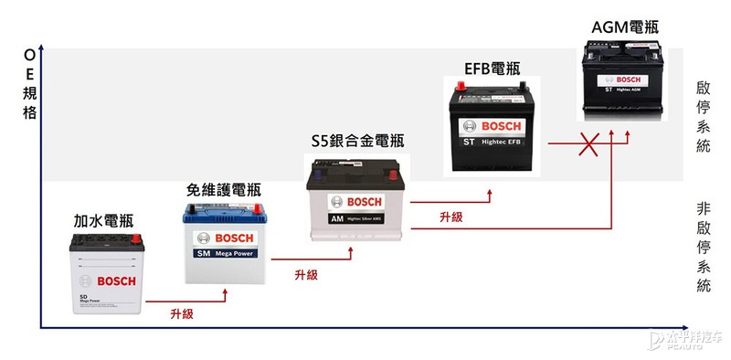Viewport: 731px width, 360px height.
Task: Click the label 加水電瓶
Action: point(103,221)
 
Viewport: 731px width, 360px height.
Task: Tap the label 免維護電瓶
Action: point(223,190)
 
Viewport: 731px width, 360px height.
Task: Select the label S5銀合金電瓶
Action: point(357,141)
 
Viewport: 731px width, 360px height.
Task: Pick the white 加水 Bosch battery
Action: point(106,277)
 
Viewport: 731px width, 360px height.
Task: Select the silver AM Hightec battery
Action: point(357,198)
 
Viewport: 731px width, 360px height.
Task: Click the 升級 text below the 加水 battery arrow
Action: point(182,313)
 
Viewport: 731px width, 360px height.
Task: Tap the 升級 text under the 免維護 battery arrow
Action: point(306,274)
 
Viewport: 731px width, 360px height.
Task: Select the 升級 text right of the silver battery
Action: point(450,217)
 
